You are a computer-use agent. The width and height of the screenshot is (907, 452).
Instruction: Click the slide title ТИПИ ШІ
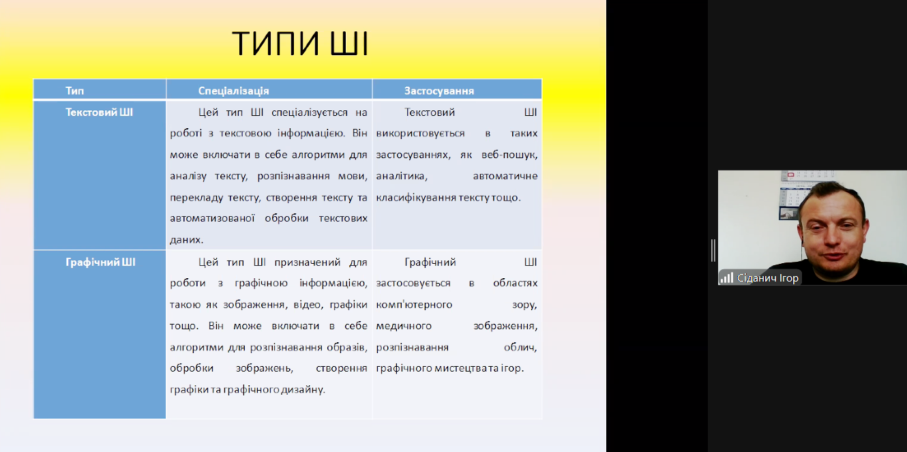pos(300,44)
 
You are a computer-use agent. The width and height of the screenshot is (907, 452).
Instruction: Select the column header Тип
pos(75,91)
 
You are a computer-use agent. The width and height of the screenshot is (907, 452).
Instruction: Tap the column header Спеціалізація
pos(233,91)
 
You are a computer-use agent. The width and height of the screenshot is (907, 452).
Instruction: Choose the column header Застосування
pos(439,91)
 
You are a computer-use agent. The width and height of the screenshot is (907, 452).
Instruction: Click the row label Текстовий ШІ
pos(99,112)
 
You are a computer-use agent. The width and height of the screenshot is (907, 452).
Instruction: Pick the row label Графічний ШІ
pos(100,261)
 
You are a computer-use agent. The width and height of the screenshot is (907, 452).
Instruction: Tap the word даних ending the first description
pos(186,240)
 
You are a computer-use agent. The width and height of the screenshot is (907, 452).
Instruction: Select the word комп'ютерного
pos(414,304)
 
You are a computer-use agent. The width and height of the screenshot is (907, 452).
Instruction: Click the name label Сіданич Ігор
pos(767,278)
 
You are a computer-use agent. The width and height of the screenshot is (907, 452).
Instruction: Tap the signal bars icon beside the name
pos(727,277)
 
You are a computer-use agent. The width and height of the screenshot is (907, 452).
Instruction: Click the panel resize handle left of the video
pos(713,250)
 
